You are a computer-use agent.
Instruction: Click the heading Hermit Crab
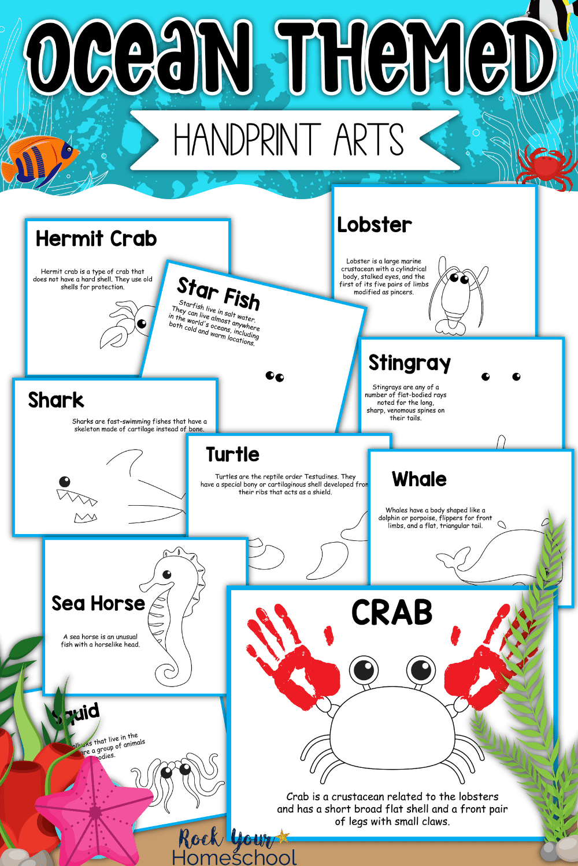[x=96, y=238]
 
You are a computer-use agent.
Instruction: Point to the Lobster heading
[x=375, y=225]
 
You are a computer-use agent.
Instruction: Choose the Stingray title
[x=409, y=363]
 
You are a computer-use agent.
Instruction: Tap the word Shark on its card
[x=56, y=400]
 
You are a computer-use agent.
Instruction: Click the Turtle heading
[x=232, y=454]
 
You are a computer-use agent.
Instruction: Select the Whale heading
[x=419, y=479]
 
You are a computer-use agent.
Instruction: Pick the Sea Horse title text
[x=98, y=603]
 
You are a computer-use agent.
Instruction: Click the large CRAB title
[x=392, y=613]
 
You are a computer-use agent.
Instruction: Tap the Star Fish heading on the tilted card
[x=218, y=293]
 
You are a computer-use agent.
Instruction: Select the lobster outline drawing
[x=460, y=294]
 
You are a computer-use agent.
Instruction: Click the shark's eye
[x=65, y=481]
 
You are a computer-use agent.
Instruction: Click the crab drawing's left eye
[x=364, y=670]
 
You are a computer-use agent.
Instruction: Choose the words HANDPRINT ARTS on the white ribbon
[x=288, y=140]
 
